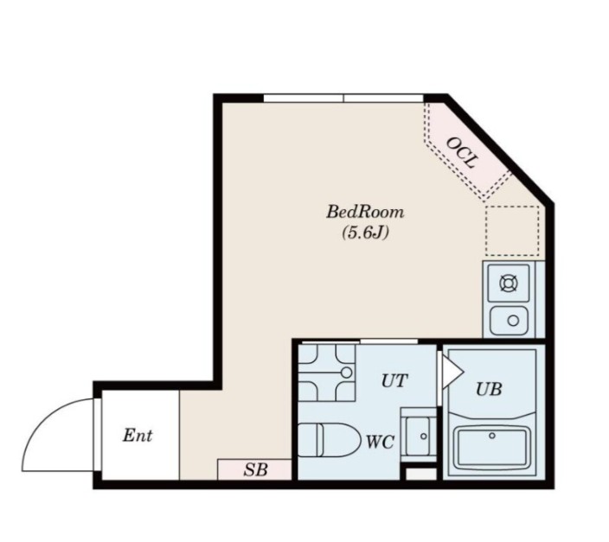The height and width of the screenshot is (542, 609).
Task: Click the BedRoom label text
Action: coord(365,212)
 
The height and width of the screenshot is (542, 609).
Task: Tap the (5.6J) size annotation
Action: coord(365,233)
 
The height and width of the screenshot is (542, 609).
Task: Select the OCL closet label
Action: coord(461,153)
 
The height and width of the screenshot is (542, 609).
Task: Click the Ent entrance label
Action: coord(138,435)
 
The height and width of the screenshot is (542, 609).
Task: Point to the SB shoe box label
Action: coord(255,469)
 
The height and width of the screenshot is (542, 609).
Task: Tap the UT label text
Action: coord(394,381)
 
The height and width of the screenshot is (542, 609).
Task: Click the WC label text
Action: coord(381,442)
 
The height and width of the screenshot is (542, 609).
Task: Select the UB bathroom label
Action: coord(489,389)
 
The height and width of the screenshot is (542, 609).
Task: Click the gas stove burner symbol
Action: coord(509,283)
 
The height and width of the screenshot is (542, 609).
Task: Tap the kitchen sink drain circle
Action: coord(514,321)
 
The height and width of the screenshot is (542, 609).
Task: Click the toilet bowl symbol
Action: coord(329,439)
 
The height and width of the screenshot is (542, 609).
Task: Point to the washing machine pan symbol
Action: coord(327,373)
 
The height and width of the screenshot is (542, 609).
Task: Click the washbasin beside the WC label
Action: coord(419,435)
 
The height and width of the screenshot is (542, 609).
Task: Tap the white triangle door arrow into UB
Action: coord(452,373)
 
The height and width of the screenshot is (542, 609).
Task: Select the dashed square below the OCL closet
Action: coord(512,231)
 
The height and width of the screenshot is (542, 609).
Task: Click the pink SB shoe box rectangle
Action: coord(254,469)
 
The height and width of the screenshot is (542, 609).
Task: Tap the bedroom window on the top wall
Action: coord(343,98)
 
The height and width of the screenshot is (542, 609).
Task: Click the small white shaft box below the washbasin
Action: coord(421,474)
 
